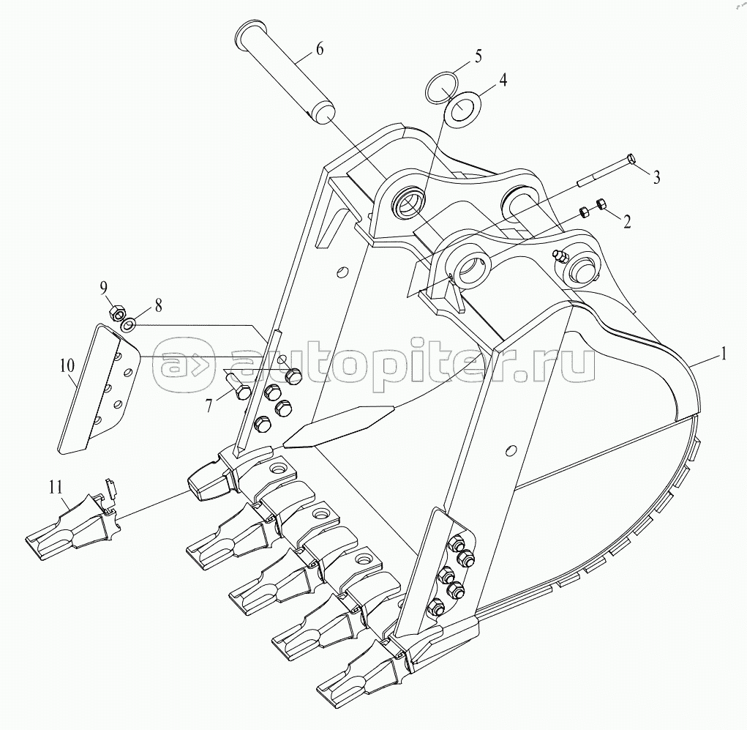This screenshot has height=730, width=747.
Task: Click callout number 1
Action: click(x=723, y=354)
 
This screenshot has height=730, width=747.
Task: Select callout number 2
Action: click(x=627, y=221)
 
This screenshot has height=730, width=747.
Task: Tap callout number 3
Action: click(x=656, y=178)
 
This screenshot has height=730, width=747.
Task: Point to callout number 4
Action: click(x=502, y=79)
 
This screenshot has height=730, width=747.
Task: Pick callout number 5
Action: click(x=477, y=56)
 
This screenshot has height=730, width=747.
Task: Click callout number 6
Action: click(x=319, y=48)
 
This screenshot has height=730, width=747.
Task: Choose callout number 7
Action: click(x=209, y=405)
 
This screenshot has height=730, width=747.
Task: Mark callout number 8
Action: click(x=159, y=305)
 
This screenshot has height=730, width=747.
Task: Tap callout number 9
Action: click(x=103, y=288)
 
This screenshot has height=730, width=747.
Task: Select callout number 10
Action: click(x=67, y=365)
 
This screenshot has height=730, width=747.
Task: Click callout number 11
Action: click(x=56, y=488)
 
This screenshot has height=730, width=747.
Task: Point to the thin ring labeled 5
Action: click(x=440, y=86)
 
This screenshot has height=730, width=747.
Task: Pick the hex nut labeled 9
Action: click(x=117, y=313)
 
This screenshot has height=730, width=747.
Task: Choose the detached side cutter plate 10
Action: click(x=98, y=389)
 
